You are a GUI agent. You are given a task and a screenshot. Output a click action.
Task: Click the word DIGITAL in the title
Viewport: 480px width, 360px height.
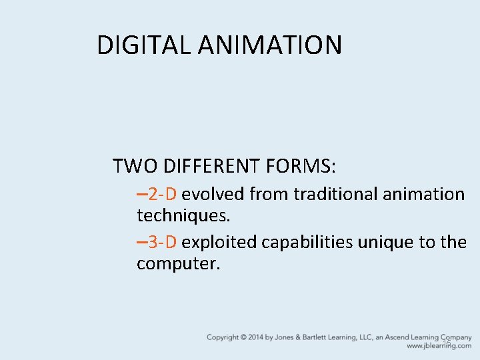[144, 45]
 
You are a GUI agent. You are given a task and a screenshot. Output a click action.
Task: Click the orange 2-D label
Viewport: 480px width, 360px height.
[162, 194]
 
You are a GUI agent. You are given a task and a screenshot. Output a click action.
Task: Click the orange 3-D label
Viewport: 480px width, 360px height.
[162, 242]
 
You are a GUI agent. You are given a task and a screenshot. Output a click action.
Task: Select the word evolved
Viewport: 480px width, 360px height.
[213, 194]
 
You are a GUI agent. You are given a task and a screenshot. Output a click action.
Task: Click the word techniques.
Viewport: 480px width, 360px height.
[183, 215]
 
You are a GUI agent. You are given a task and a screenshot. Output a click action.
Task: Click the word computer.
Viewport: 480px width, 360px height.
[178, 263]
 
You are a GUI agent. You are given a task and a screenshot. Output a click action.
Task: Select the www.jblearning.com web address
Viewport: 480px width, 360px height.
[439, 346]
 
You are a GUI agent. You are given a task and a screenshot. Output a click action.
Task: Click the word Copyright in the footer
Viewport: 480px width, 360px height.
[223, 337]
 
